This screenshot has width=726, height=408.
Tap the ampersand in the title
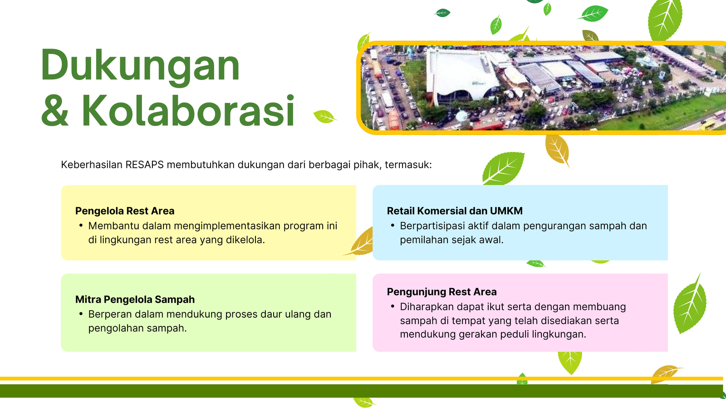pyautogui.click(x=55, y=111)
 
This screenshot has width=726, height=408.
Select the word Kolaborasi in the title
pyautogui.click(x=188, y=111)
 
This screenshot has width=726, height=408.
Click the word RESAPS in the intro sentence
pyautogui.click(x=145, y=165)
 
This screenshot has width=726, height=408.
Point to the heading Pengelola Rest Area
pyautogui.click(x=125, y=211)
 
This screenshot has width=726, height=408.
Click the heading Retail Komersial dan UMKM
pyautogui.click(x=455, y=211)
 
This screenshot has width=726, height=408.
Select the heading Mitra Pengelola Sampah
pyautogui.click(x=135, y=300)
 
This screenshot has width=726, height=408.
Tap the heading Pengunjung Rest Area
pyautogui.click(x=442, y=292)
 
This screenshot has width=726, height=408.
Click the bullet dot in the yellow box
pyautogui.click(x=81, y=225)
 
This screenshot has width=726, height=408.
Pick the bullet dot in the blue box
pyautogui.click(x=392, y=225)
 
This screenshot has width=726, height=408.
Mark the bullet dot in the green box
pyautogui.click(x=81, y=313)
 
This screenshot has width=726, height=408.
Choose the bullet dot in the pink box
pyautogui.click(x=392, y=306)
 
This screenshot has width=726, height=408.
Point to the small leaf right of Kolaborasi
pyautogui.click(x=325, y=117)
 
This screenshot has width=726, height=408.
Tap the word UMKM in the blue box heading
pyautogui.click(x=506, y=211)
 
